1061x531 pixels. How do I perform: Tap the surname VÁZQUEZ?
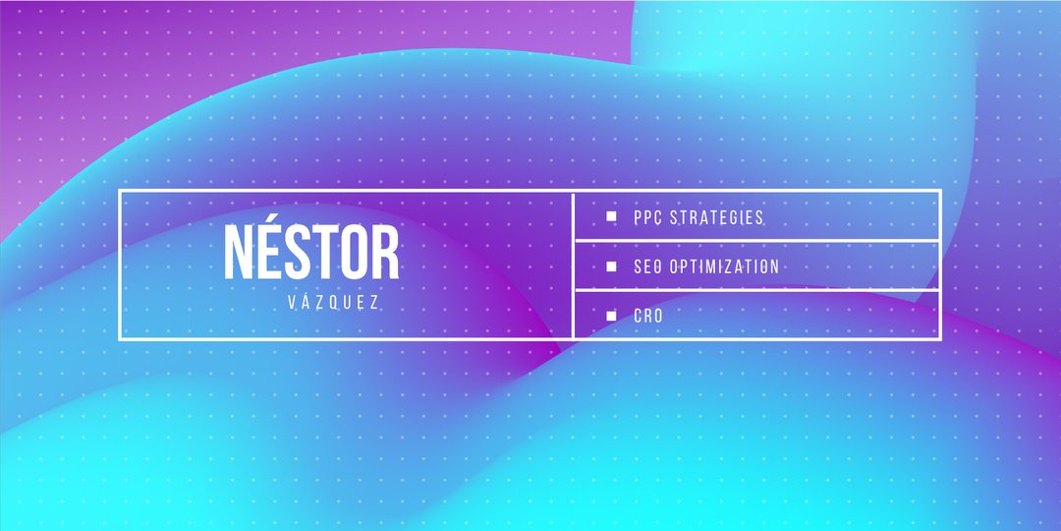click(333, 302)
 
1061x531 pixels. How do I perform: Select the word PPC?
click(647, 217)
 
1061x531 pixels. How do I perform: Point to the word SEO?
click(647, 266)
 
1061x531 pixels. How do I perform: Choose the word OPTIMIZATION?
click(724, 266)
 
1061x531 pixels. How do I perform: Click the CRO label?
click(648, 316)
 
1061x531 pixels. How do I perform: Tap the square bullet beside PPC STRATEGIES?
click(612, 216)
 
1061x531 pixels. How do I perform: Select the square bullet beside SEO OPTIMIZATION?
click(612, 266)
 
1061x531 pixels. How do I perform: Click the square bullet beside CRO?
click(612, 316)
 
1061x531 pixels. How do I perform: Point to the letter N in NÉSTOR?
click(238, 252)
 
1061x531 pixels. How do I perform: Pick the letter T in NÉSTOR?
click(325, 252)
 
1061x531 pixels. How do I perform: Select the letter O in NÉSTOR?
click(354, 252)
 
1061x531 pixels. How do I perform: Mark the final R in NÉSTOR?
click(386, 252)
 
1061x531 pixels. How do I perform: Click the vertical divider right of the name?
click(573, 265)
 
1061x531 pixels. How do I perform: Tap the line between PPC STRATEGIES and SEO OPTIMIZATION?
click(756, 241)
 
